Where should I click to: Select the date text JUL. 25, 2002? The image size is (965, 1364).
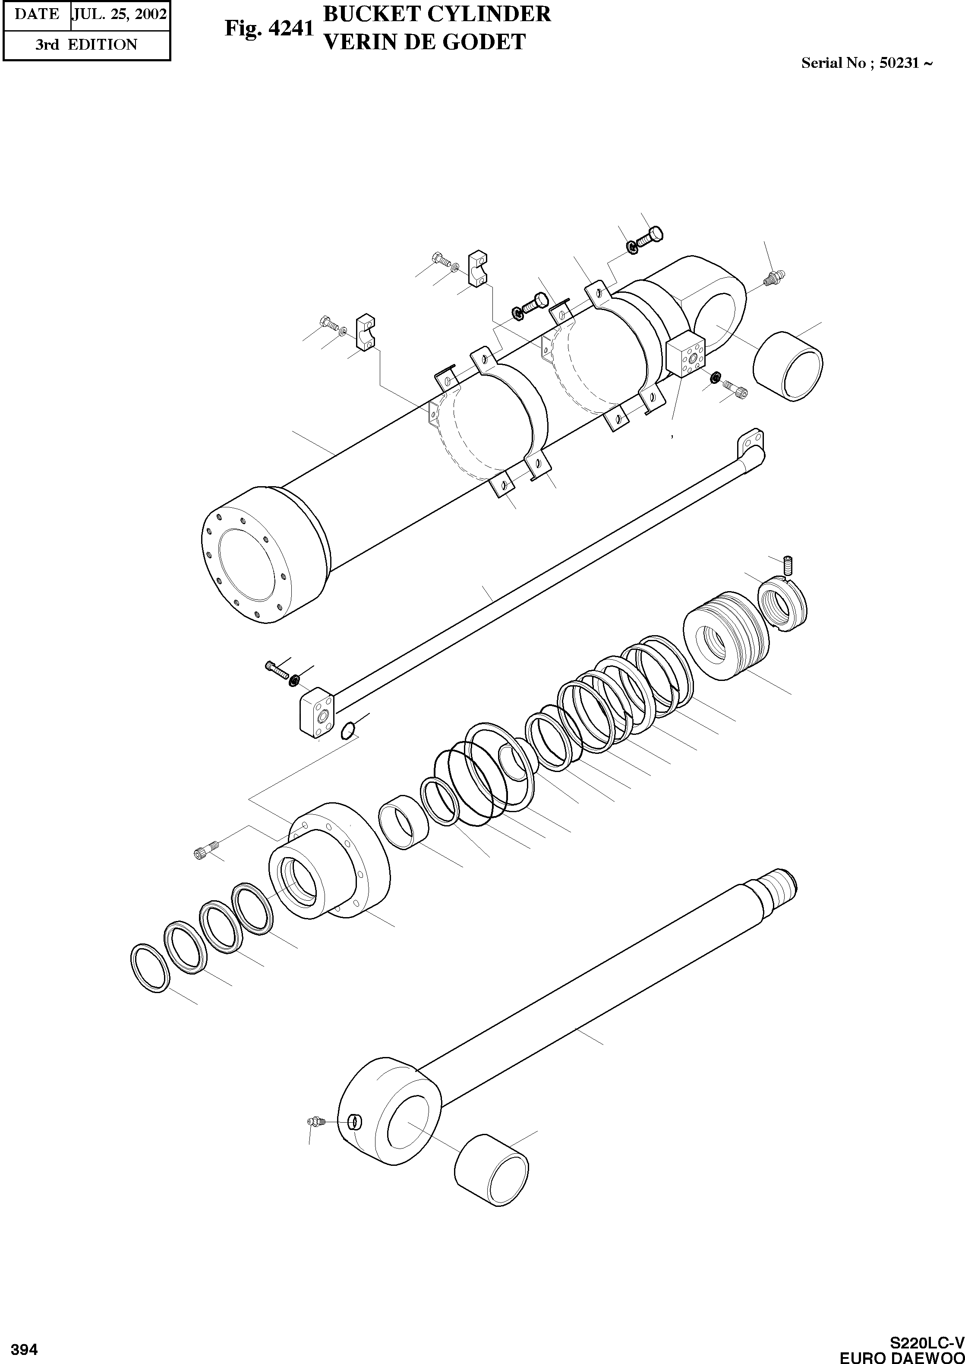(119, 14)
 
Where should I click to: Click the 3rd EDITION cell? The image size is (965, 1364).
(86, 44)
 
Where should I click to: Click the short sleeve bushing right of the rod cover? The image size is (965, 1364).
(404, 826)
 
